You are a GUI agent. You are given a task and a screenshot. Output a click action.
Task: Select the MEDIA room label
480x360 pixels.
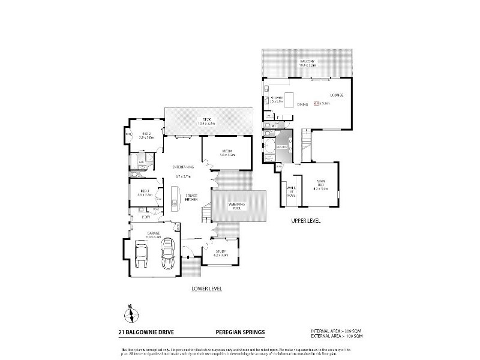click(x=227, y=152)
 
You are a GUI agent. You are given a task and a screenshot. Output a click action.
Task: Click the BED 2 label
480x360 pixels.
click(x=147, y=134)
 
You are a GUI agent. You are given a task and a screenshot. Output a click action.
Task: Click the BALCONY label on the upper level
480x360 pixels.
click(x=307, y=62)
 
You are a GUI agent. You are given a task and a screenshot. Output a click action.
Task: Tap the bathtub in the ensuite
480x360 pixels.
click(x=268, y=146)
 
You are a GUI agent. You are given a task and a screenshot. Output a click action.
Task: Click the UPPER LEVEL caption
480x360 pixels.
click(x=306, y=220)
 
